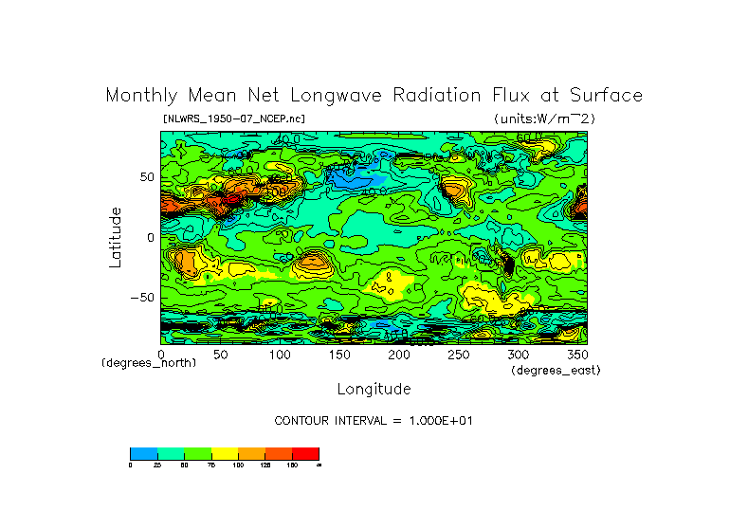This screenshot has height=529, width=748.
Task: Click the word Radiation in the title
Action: (450, 96)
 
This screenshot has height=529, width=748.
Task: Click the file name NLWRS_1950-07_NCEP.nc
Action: (234, 119)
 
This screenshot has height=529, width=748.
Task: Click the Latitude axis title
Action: (116, 237)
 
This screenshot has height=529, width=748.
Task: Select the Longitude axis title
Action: (374, 389)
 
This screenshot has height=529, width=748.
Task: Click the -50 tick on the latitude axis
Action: (141, 297)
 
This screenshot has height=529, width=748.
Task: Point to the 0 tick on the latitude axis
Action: (149, 237)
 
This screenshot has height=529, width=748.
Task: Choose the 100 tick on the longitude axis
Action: (279, 354)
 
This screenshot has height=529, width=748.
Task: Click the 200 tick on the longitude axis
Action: (398, 354)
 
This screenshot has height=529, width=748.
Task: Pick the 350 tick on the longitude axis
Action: (576, 354)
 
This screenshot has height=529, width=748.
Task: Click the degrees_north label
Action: (149, 363)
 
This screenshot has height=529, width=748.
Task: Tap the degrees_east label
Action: (556, 370)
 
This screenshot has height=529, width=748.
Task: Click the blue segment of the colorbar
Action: (143, 453)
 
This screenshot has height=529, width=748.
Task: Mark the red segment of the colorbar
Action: (305, 453)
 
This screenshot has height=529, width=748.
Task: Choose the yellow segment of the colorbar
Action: (225, 453)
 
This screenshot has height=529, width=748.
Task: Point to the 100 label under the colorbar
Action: (238, 465)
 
